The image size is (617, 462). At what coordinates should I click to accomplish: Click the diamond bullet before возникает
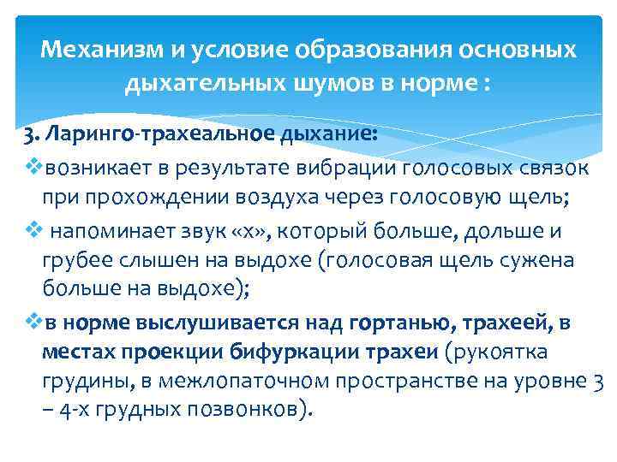click(x=31, y=165)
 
